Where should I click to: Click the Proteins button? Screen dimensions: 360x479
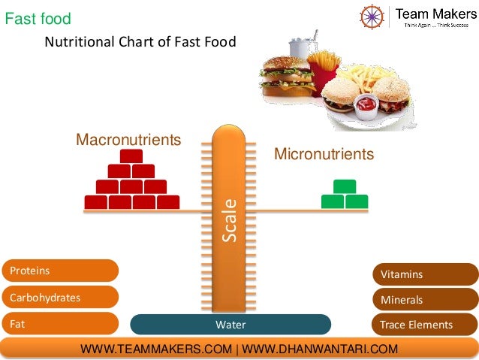60,271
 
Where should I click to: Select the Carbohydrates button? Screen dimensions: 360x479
60,297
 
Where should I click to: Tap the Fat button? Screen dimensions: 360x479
60,325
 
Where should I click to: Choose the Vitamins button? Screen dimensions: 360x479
424,274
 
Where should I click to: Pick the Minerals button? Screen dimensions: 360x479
424,300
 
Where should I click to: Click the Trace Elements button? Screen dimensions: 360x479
424,325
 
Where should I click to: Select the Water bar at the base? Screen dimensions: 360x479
230,325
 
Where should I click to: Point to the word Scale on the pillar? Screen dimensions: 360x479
229,219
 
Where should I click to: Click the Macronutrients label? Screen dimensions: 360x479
128,140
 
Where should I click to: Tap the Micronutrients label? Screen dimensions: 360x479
324,154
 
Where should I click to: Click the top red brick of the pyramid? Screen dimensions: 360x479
131,156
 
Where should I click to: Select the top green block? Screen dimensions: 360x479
345,186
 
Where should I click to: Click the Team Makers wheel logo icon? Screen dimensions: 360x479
372,16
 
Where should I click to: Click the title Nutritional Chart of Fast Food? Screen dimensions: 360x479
140,42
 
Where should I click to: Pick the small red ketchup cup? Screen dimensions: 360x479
365,106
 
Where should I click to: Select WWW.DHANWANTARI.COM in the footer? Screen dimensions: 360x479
320,349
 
